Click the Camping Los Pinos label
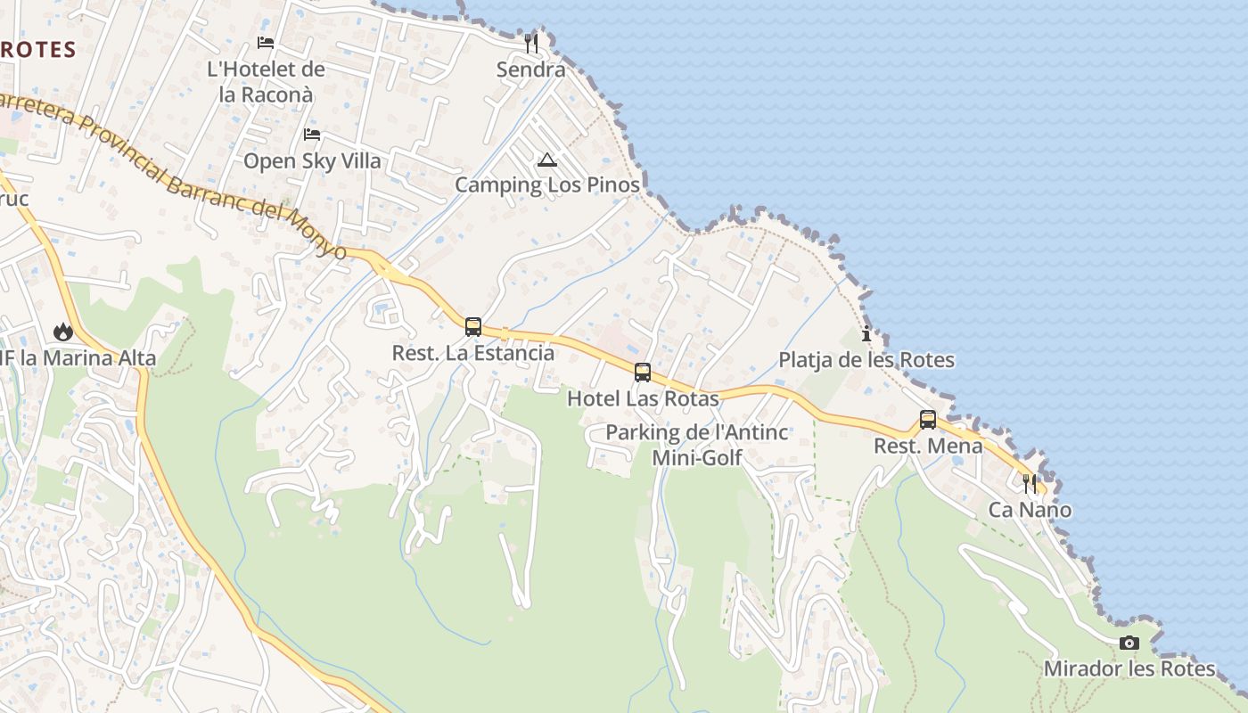click(x=547, y=184)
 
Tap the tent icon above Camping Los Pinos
click(x=547, y=160)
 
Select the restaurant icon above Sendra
click(x=531, y=44)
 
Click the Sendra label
click(x=531, y=70)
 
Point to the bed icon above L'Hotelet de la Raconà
click(x=266, y=42)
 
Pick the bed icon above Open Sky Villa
click(x=312, y=135)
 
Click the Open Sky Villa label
click(x=312, y=161)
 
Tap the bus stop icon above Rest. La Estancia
click(x=473, y=327)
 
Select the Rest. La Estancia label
click(x=473, y=353)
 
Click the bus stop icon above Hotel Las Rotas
click(x=643, y=373)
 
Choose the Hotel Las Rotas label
click(x=643, y=398)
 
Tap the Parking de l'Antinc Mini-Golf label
click(x=697, y=445)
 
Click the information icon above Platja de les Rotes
click(x=866, y=334)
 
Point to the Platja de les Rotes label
click(x=866, y=360)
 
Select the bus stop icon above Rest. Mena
click(x=928, y=420)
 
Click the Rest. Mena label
click(x=928, y=446)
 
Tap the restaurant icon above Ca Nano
click(x=1030, y=484)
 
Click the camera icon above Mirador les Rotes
click(x=1129, y=643)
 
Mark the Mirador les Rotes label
click(x=1129, y=668)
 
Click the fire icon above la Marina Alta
click(x=63, y=332)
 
